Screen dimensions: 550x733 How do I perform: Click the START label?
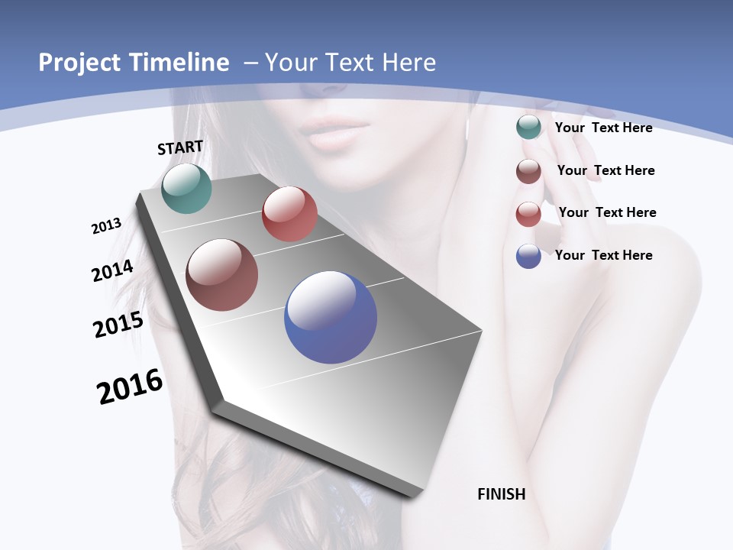[x=180, y=147]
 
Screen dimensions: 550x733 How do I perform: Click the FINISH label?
[x=501, y=494]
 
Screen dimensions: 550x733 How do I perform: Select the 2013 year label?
[x=107, y=226]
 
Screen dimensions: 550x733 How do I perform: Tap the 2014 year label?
[x=113, y=270]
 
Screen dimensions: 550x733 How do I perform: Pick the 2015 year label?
[x=118, y=324]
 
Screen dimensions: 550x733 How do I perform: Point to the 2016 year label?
[x=130, y=387]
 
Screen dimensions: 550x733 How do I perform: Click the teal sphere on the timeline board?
[x=186, y=189]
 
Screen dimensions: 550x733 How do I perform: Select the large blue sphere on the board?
[x=331, y=316]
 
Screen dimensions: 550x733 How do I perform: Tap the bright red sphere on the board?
[x=289, y=214]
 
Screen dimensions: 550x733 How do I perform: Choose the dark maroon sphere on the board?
[x=221, y=275]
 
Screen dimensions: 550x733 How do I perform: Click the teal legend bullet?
[x=528, y=128]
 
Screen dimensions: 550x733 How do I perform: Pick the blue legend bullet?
[x=528, y=256]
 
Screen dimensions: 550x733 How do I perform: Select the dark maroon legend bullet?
[x=528, y=171]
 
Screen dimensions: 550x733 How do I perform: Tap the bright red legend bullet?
[x=528, y=214]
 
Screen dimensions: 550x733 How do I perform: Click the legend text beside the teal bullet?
[x=603, y=128]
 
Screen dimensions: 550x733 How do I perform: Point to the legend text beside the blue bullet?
[x=603, y=255]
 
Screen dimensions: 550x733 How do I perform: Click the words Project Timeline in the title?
[x=134, y=63]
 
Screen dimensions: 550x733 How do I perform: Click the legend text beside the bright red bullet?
[x=607, y=212]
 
